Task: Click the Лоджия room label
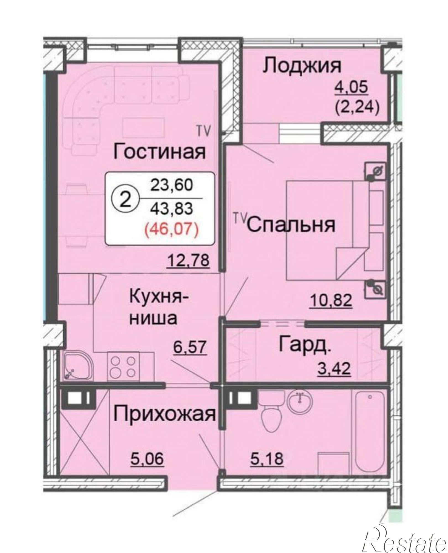pyautogui.click(x=302, y=66)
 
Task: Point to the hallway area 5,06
pyautogui.click(x=147, y=458)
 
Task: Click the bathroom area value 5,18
pyautogui.click(x=267, y=458)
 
